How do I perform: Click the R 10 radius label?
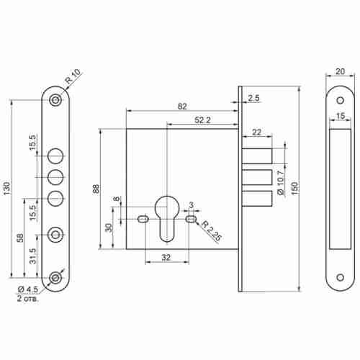[73, 76]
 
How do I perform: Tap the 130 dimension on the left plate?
[7, 189]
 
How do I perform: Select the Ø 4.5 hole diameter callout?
[28, 289]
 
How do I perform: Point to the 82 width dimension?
[182, 106]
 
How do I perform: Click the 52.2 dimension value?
[202, 120]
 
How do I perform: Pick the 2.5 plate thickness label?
[253, 98]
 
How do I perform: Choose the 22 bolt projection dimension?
[257, 132]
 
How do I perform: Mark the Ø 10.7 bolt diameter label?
[280, 182]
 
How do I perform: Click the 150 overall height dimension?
[295, 189]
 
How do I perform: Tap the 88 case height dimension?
[96, 189]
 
